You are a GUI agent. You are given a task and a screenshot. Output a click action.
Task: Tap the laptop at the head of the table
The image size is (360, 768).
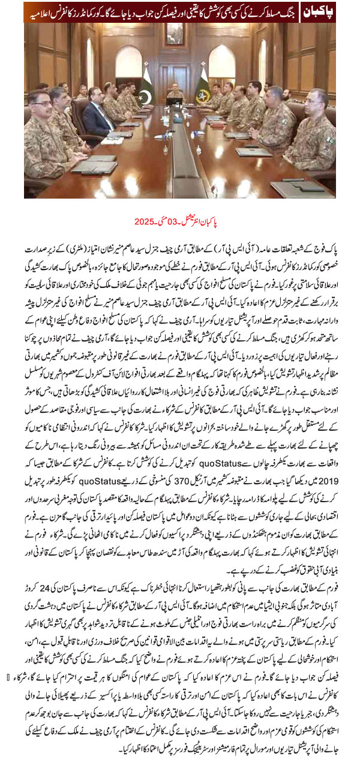click(176, 102)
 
